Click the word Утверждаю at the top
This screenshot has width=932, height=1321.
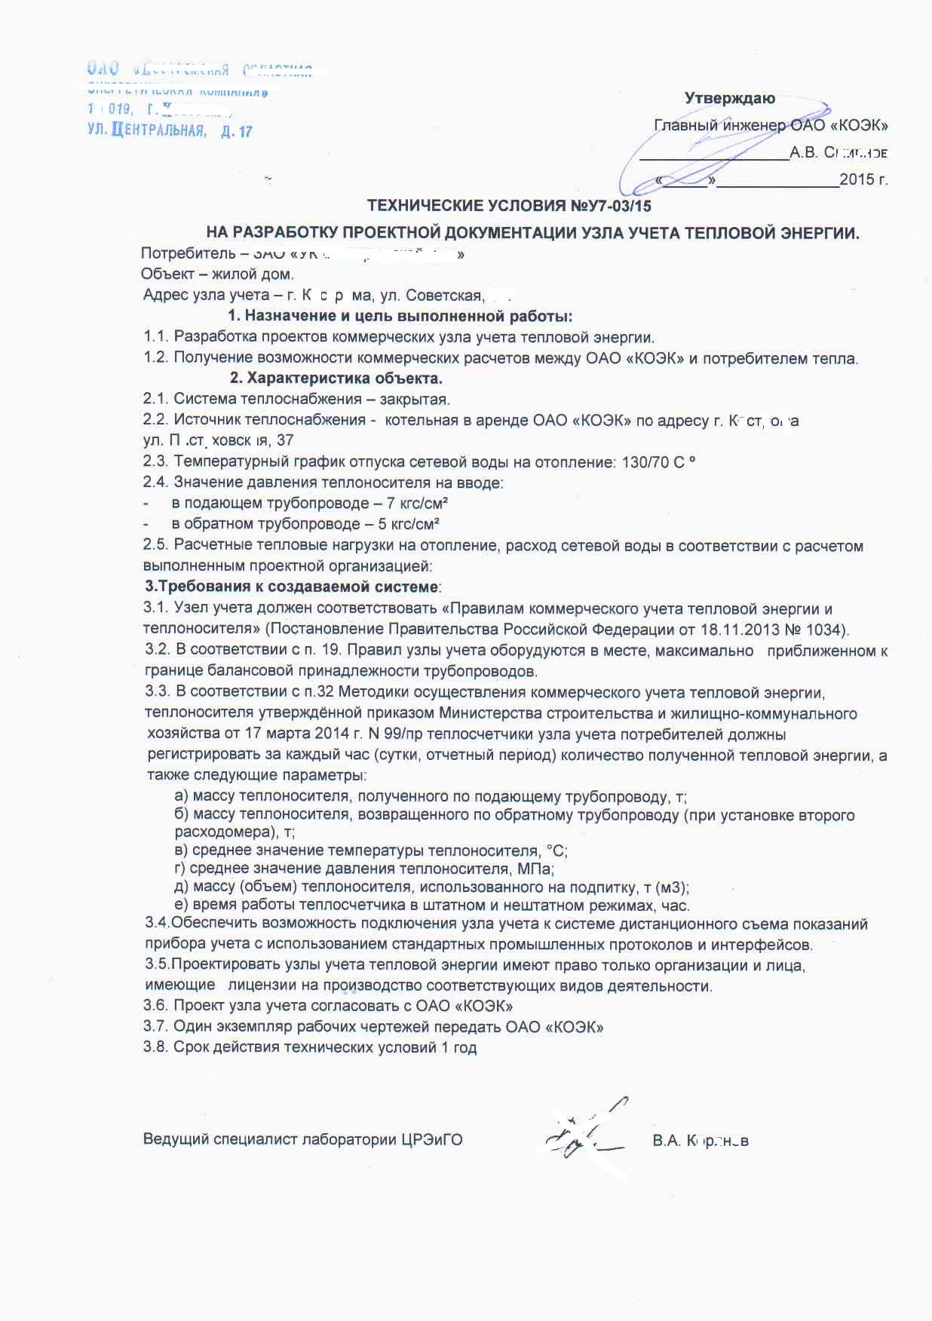click(x=729, y=98)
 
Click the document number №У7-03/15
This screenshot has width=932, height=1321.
click(x=610, y=206)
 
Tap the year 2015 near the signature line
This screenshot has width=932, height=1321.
click(x=857, y=179)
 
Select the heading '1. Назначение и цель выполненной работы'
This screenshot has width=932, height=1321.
click(x=400, y=315)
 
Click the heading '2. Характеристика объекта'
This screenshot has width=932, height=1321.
click(x=336, y=378)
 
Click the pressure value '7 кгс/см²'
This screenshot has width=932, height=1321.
click(x=412, y=503)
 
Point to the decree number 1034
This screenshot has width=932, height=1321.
click(x=827, y=630)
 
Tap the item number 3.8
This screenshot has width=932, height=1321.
click(x=155, y=1047)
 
